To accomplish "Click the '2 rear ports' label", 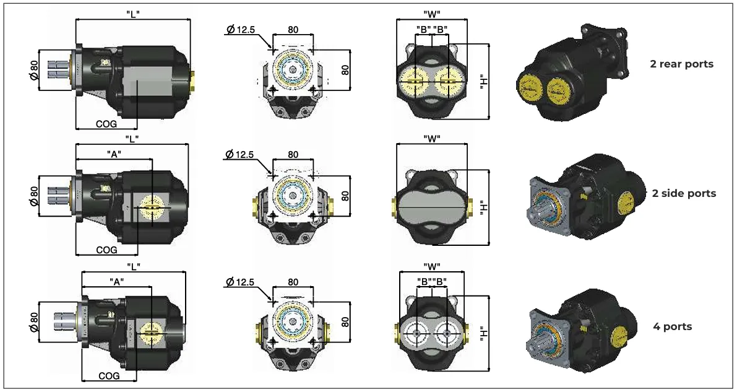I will (681, 64).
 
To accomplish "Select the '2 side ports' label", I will (684, 193).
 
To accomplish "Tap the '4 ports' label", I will (672, 326).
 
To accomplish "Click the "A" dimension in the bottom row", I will (116, 281).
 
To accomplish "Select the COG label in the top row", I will (106, 124).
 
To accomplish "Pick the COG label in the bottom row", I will (109, 376).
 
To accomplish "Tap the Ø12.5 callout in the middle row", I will (240, 154).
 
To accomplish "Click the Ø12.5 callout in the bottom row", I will (240, 282).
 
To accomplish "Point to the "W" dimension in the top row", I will (431, 13).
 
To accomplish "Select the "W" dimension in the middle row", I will (431, 138).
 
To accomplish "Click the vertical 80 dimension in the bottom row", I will (345, 322).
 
